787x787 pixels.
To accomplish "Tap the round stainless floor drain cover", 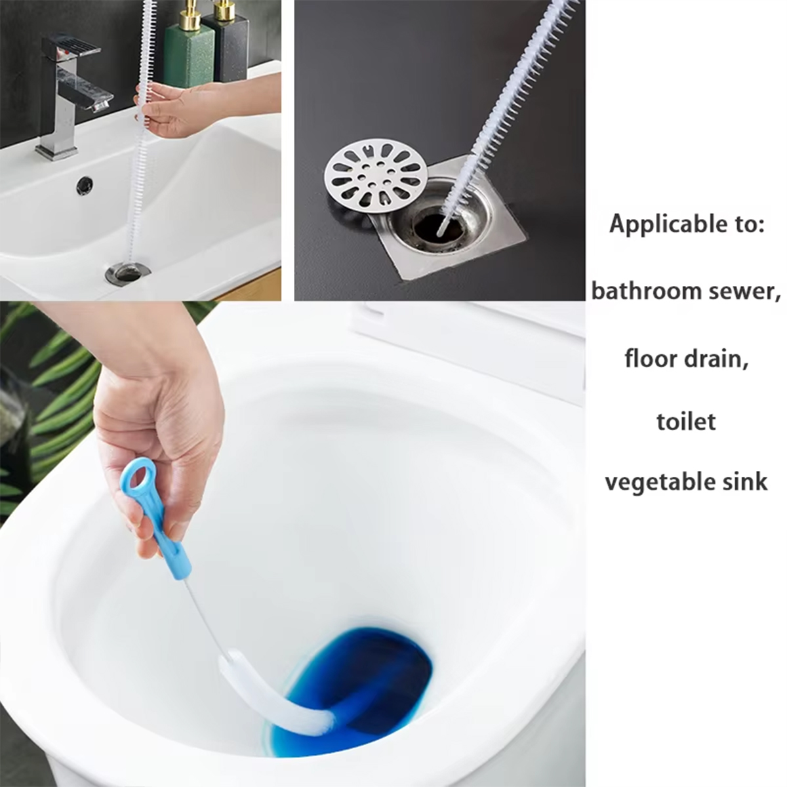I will click(376, 176).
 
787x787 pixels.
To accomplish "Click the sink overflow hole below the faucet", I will click(85, 186).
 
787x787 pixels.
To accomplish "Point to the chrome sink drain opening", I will click(127, 272).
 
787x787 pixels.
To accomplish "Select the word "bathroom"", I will click(642, 291).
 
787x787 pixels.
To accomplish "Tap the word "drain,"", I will click(719, 359).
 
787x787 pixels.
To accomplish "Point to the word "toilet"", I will click(686, 421).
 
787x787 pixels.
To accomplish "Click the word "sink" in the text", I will click(745, 482).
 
